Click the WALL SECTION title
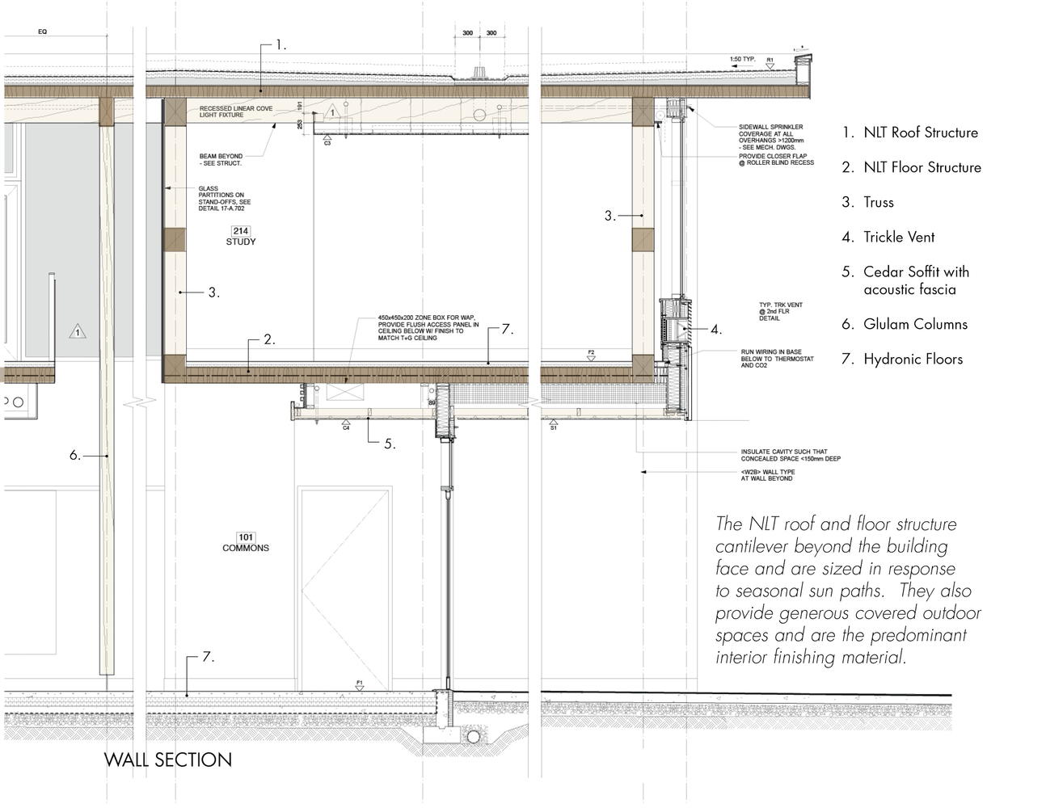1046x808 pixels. click(x=168, y=760)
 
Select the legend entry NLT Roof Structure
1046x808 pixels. click(x=920, y=133)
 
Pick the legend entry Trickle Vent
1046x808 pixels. click(x=898, y=237)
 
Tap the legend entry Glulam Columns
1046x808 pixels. click(x=914, y=324)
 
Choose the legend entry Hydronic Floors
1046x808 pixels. click(x=913, y=359)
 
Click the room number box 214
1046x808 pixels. click(x=240, y=231)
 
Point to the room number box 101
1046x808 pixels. click(x=246, y=537)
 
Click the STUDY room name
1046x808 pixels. click(x=241, y=242)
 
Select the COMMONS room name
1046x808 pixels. click(x=246, y=548)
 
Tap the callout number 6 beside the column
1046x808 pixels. click(x=74, y=456)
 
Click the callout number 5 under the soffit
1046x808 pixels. click(x=389, y=444)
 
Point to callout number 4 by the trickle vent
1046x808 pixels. click(x=715, y=330)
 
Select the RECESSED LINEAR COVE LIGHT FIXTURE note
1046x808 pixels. click(x=235, y=112)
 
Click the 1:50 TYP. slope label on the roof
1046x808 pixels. click(x=741, y=60)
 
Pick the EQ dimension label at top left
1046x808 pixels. click(x=42, y=32)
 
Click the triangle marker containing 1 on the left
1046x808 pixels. click(x=78, y=332)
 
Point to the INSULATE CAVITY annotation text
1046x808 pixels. click(x=790, y=455)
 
